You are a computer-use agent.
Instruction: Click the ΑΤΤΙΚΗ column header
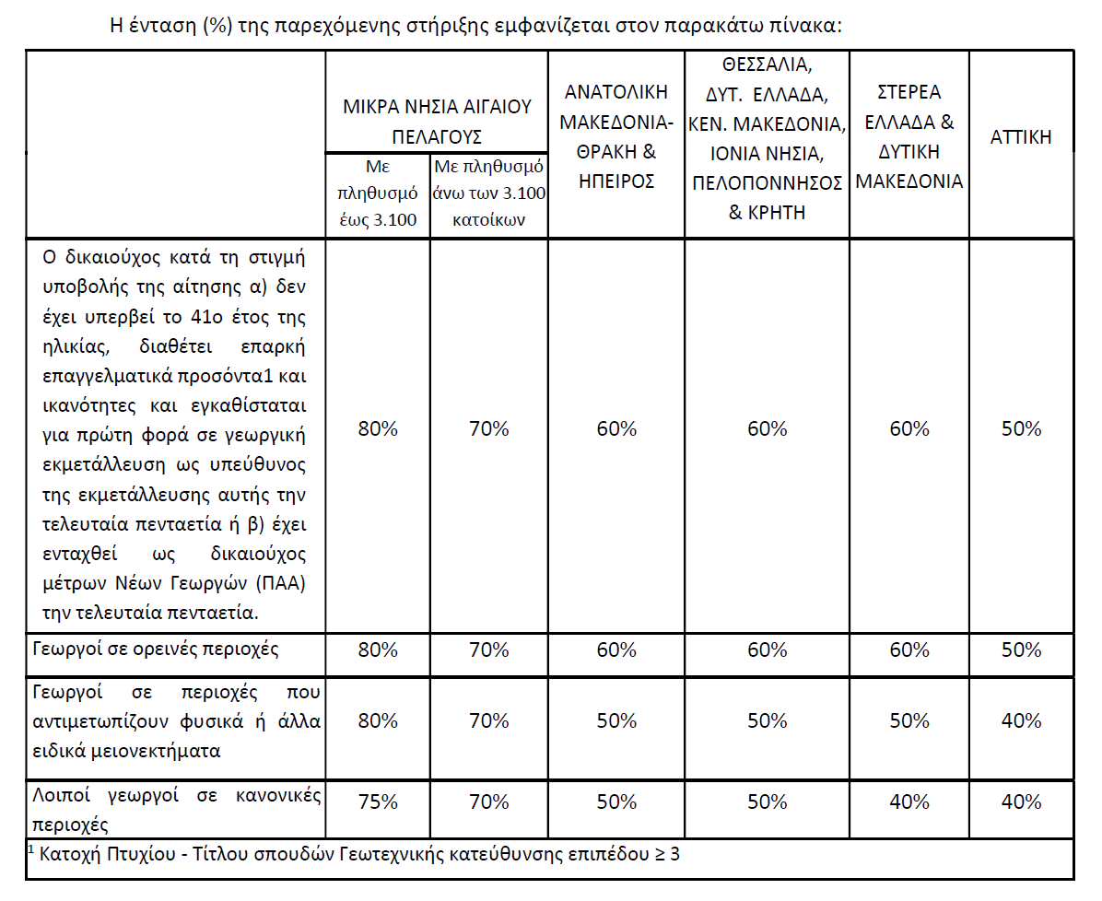(x=1021, y=138)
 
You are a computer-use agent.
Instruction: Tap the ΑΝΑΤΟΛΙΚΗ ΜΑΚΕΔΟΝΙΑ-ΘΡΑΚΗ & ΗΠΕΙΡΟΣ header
(x=616, y=136)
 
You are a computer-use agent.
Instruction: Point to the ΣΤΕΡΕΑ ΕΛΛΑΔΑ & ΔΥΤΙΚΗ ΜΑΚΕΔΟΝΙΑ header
(x=909, y=136)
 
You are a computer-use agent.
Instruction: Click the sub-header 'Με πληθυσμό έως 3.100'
(x=378, y=193)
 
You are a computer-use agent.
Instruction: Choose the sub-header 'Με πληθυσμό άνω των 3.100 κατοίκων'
(x=489, y=193)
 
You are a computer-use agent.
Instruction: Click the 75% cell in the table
(x=378, y=802)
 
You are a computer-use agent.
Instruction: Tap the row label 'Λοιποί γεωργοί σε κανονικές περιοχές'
(x=175, y=809)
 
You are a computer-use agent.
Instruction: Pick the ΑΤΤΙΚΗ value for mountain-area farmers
(x=1021, y=649)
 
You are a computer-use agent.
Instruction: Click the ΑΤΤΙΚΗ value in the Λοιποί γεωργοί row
(x=1021, y=802)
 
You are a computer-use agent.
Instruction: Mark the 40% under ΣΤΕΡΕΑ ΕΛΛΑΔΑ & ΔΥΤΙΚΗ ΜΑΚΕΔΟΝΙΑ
(x=909, y=802)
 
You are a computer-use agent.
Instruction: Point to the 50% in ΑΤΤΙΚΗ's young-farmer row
(x=1021, y=428)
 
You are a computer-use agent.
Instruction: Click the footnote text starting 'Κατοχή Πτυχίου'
(x=359, y=854)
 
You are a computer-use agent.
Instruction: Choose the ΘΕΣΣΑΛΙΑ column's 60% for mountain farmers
(x=767, y=649)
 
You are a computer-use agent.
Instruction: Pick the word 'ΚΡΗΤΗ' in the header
(x=778, y=213)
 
